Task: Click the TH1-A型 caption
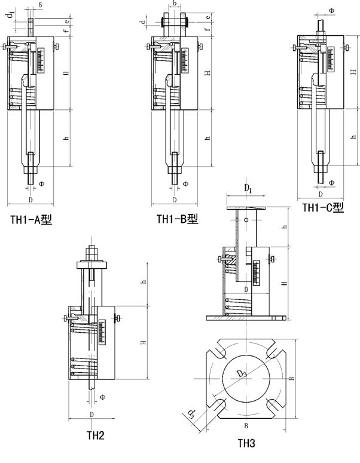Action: pyautogui.click(x=32, y=219)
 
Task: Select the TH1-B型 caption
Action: pyautogui.click(x=177, y=219)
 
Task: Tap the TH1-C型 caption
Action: pyautogui.click(x=323, y=208)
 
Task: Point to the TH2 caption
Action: pyautogui.click(x=95, y=436)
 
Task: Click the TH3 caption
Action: pyautogui.click(x=246, y=443)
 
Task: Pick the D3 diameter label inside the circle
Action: pyautogui.click(x=242, y=374)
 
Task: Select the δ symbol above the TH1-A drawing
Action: pyautogui.click(x=39, y=5)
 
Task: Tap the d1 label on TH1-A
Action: pyautogui.click(x=13, y=16)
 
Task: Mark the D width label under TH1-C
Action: pyautogui.click(x=321, y=195)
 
